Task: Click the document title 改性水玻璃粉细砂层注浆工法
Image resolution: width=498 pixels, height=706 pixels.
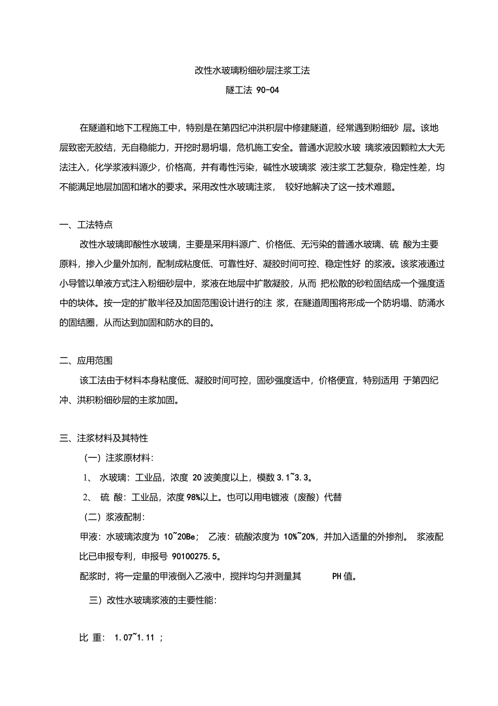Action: click(252, 71)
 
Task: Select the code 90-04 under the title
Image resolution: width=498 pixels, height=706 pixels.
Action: click(266, 90)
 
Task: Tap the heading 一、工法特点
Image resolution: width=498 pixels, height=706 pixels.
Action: click(86, 224)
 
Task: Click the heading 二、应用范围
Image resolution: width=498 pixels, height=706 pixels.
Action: click(86, 360)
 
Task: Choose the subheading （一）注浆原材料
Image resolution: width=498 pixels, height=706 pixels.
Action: click(118, 458)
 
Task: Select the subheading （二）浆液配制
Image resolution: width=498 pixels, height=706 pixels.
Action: click(114, 517)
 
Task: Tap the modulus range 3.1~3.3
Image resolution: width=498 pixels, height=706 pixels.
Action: click(292, 478)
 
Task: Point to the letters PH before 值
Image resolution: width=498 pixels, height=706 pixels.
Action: click(336, 577)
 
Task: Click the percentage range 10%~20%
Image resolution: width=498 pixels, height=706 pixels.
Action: click(301, 537)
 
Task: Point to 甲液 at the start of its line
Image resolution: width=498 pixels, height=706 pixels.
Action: click(88, 537)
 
